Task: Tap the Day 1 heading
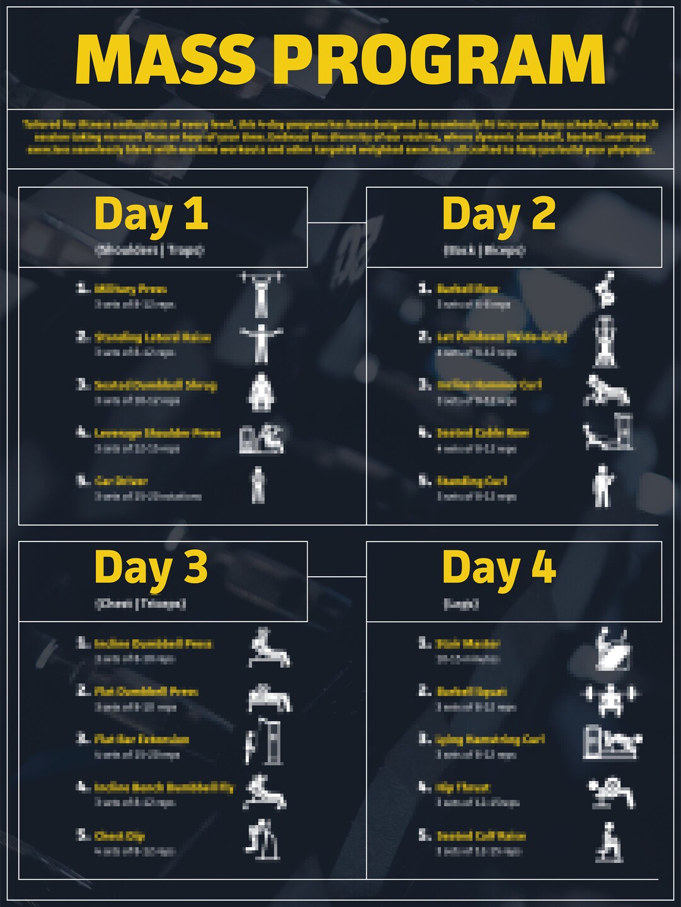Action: [x=151, y=215]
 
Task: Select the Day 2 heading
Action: [x=499, y=215]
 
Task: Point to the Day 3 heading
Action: [x=151, y=568]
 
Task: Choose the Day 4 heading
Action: [x=499, y=568]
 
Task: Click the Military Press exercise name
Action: [x=131, y=289]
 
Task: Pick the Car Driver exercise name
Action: [x=121, y=481]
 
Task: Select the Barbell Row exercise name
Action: [x=467, y=289]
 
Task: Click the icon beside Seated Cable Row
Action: [x=608, y=433]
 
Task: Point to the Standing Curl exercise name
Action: [x=472, y=481]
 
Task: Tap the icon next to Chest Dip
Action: [x=263, y=839]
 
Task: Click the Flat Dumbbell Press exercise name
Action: [x=146, y=691]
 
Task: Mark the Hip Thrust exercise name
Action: [x=463, y=788]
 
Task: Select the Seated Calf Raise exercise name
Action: [x=481, y=836]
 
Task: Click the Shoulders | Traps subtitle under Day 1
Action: [x=149, y=250]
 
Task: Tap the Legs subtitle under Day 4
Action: [x=462, y=604]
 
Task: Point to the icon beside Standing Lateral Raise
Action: [x=261, y=344]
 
